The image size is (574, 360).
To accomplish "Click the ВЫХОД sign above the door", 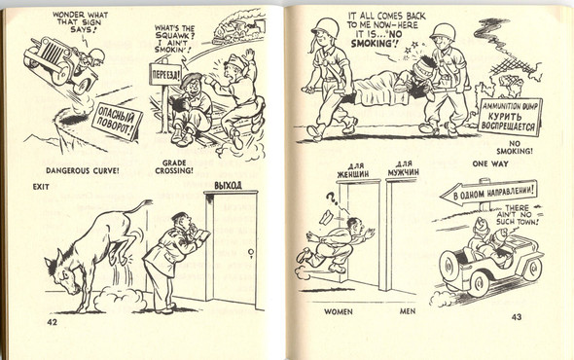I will [x=227, y=185].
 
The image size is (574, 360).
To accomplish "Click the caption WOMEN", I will [x=341, y=312].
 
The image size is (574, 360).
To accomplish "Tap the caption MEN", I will [x=409, y=312].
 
